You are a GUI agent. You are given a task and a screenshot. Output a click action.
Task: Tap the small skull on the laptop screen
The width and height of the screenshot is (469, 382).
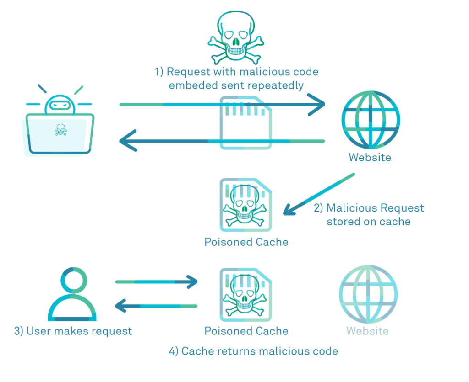[x=60, y=131]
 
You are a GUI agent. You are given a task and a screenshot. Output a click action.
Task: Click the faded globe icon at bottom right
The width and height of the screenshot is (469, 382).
[x=368, y=294]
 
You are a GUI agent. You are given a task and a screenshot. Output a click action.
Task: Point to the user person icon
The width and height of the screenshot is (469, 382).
[x=72, y=294]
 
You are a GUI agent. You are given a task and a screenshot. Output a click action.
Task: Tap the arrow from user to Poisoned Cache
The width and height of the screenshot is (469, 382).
[x=156, y=282]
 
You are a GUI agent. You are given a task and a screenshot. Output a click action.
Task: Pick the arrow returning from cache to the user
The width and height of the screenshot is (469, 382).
[x=156, y=306]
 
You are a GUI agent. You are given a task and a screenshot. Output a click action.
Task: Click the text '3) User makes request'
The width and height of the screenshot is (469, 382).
[x=73, y=331]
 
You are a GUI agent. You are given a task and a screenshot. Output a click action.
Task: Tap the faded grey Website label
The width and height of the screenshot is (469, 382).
[x=367, y=331]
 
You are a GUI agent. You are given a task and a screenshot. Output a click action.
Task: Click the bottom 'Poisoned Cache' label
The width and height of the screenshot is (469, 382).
[x=246, y=331]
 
